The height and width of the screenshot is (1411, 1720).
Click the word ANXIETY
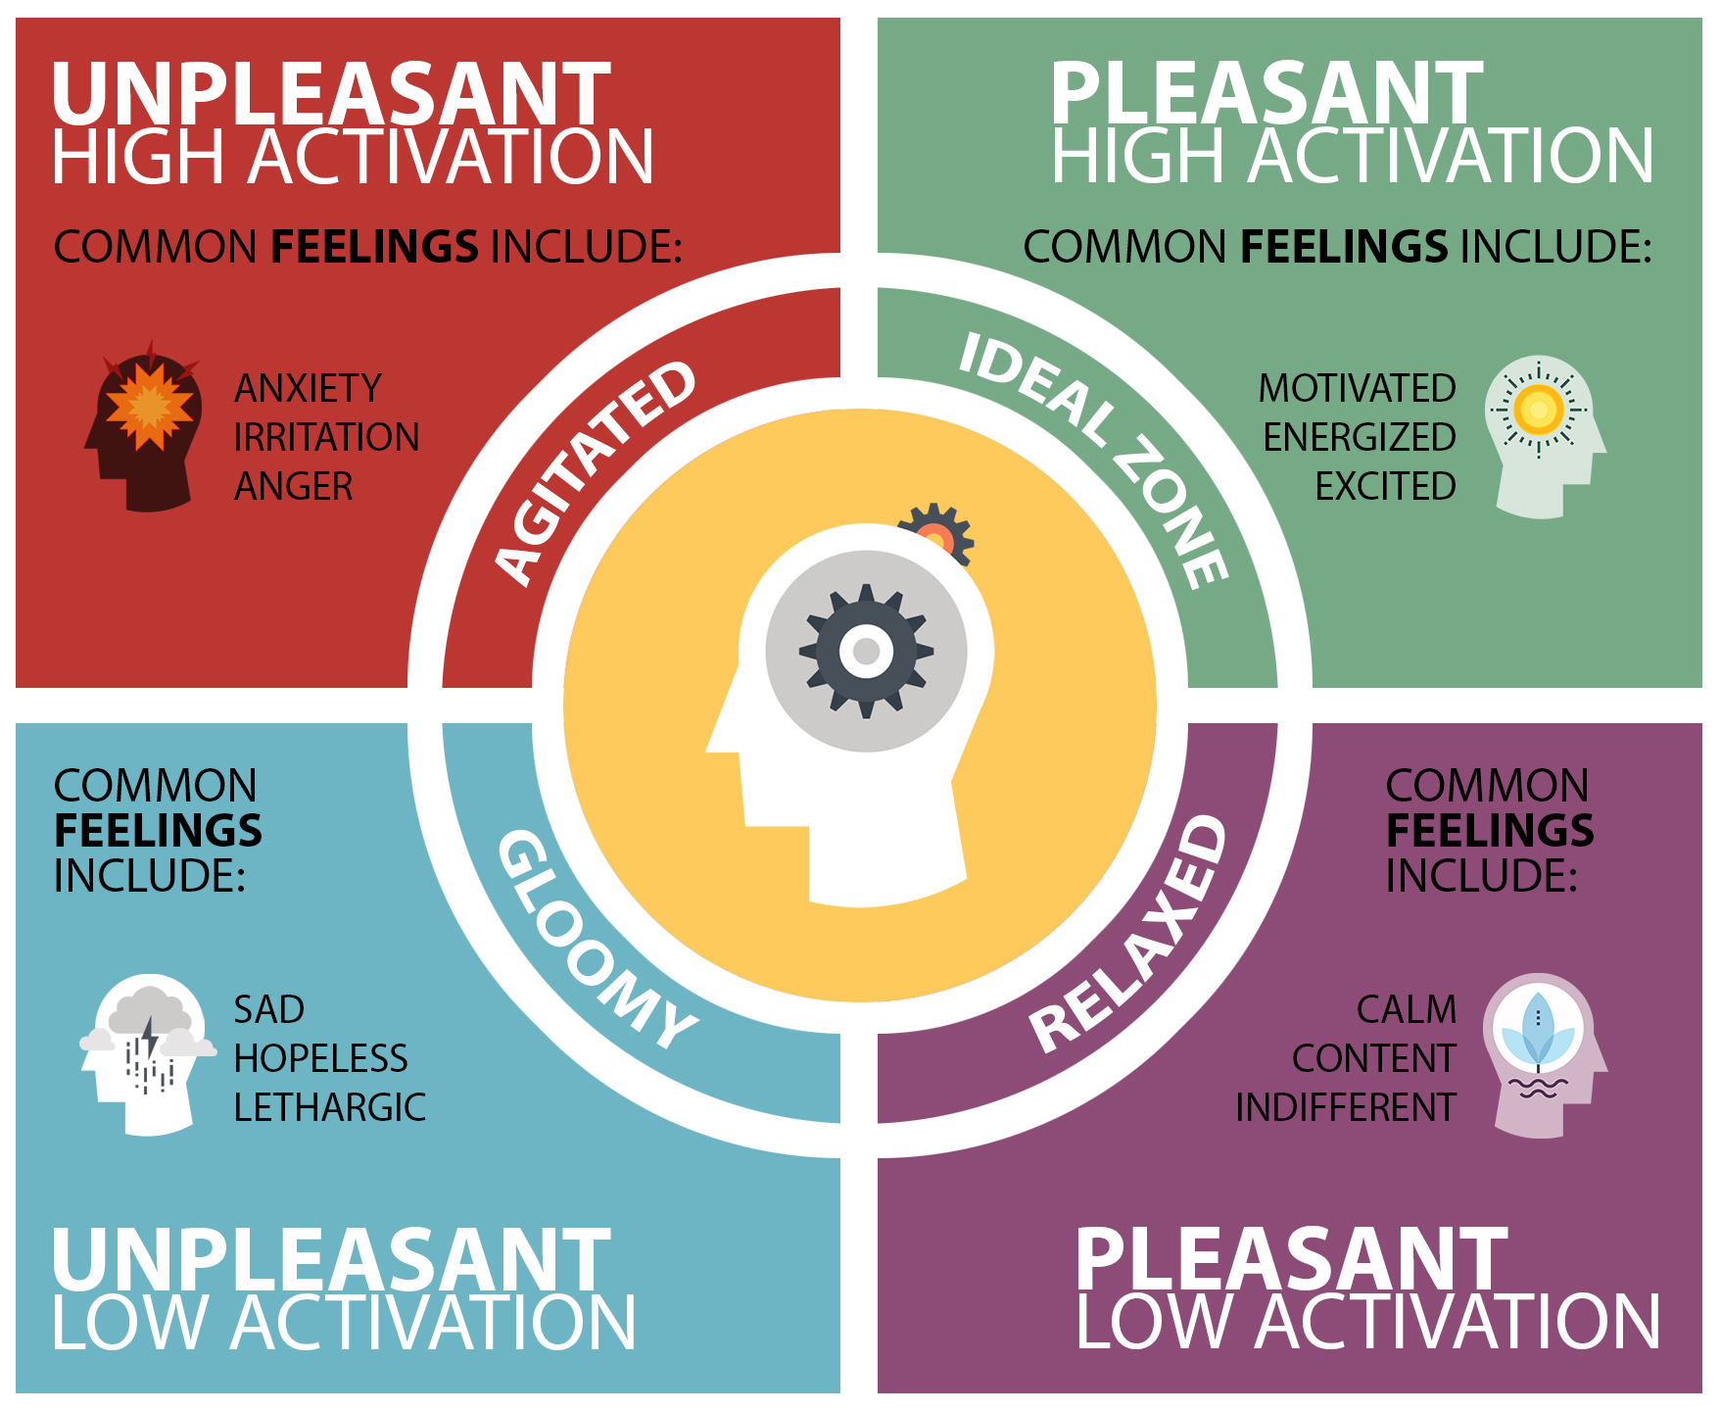tap(308, 389)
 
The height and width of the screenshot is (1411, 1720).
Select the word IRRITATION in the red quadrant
tap(326, 437)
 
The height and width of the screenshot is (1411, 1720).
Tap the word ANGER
tap(294, 486)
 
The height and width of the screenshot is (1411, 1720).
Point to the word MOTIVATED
tap(1357, 389)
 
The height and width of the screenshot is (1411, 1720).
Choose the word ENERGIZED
tap(1359, 437)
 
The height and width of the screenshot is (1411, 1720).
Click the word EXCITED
tap(1385, 486)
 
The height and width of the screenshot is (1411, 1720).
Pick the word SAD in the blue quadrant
tap(269, 1009)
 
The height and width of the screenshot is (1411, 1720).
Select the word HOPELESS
tap(320, 1058)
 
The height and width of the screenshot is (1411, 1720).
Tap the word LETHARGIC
tap(329, 1107)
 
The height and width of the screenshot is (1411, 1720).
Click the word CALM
tap(1407, 1009)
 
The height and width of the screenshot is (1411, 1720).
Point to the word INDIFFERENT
tap(1346, 1107)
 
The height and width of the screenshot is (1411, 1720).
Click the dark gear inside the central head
tap(866, 651)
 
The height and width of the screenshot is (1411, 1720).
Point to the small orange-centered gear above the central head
tap(936, 535)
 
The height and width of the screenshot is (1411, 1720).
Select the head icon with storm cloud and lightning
tap(147, 1053)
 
